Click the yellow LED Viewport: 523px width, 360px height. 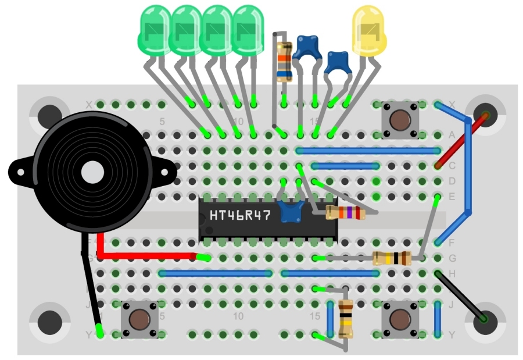tap(369, 31)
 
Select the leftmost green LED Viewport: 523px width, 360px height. tap(153, 30)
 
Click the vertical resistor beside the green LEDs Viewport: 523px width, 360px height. tap(284, 61)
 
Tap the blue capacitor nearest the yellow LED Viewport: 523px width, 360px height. tap(336, 62)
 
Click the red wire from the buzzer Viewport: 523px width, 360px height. tap(145, 255)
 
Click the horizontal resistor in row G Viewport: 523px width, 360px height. tap(391, 258)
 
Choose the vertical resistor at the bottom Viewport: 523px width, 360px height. tap(345, 318)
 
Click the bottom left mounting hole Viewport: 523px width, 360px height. tap(49, 322)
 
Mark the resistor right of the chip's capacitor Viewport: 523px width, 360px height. tap(345, 213)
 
